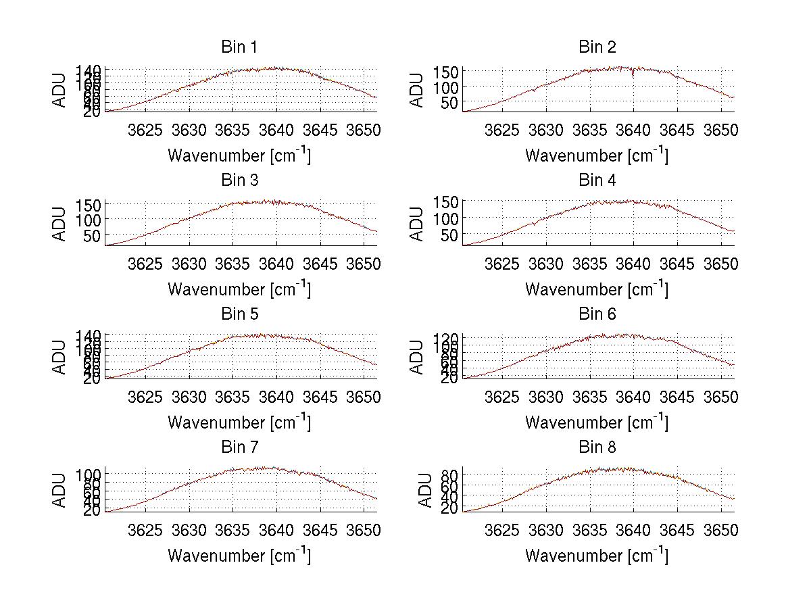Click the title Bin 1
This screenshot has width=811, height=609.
pyautogui.click(x=239, y=47)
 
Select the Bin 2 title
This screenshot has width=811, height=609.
pyautogui.click(x=597, y=47)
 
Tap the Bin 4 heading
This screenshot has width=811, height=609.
pyautogui.click(x=597, y=180)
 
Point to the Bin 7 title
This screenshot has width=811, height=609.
pyautogui.click(x=239, y=447)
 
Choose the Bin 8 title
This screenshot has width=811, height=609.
pyautogui.click(x=597, y=447)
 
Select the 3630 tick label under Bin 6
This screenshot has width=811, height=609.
pyautogui.click(x=546, y=397)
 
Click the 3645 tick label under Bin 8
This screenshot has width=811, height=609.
pyautogui.click(x=677, y=530)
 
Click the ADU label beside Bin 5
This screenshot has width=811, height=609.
pyautogui.click(x=60, y=357)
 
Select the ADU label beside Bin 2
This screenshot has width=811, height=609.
pyautogui.click(x=418, y=90)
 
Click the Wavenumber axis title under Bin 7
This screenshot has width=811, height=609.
pyautogui.click(x=239, y=555)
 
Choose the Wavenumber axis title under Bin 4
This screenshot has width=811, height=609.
pyautogui.click(x=597, y=289)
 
